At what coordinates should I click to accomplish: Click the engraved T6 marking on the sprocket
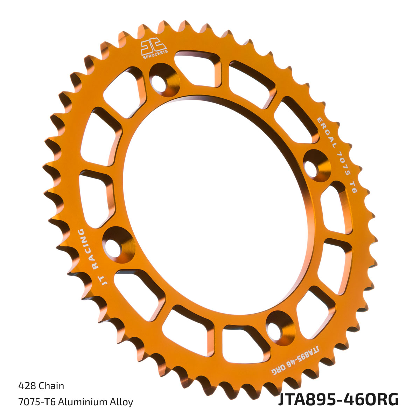click(x=353, y=187)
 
